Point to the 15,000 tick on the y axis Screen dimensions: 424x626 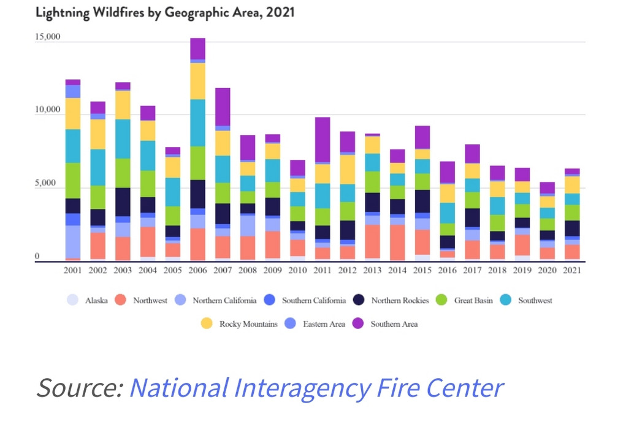pyautogui.click(x=47, y=37)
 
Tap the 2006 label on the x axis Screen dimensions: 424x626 pyautogui.click(x=197, y=270)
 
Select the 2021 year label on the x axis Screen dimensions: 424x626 pyautogui.click(x=573, y=270)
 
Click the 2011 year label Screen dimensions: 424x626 pyautogui.click(x=323, y=270)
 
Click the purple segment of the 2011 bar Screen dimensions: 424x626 pyautogui.click(x=323, y=140)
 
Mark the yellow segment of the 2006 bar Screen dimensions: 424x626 pyautogui.click(x=197, y=81)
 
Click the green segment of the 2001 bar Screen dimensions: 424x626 pyautogui.click(x=72, y=180)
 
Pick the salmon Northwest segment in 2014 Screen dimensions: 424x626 pyautogui.click(x=397, y=243)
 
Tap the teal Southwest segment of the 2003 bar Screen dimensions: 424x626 pyautogui.click(x=123, y=138)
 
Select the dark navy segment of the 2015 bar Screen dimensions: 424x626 pyautogui.click(x=422, y=201)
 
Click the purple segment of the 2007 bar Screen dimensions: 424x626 pyautogui.click(x=223, y=107)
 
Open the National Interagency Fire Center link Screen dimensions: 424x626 pyautogui.click(x=316, y=388)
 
